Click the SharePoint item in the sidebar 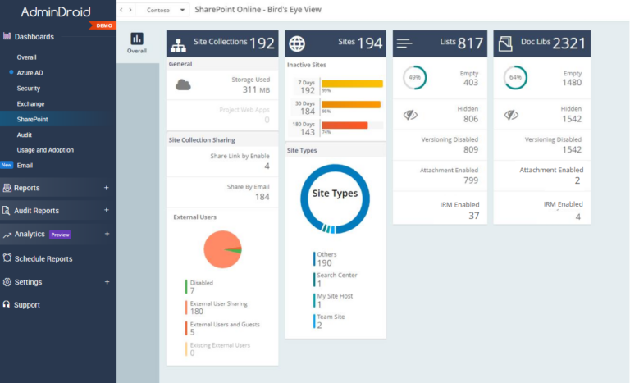[x=32, y=119]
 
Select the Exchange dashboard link [x=30, y=103]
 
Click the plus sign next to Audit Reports [x=107, y=211]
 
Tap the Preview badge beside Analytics [x=60, y=235]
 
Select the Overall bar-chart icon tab [x=137, y=43]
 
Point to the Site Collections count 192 [x=262, y=43]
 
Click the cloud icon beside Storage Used [x=184, y=84]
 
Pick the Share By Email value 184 [x=262, y=197]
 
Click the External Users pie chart [x=222, y=249]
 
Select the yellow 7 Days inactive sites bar [x=352, y=84]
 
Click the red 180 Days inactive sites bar [x=345, y=125]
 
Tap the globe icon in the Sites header [x=298, y=43]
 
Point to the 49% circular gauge [x=414, y=78]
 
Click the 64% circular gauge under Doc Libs [x=515, y=78]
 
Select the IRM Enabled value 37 [x=473, y=216]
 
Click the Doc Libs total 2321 [x=569, y=43]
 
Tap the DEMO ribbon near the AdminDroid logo [x=104, y=25]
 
